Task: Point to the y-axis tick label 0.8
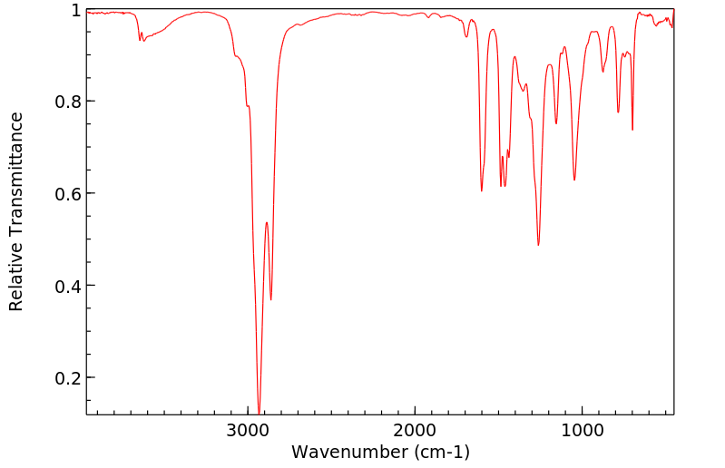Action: coord(68,102)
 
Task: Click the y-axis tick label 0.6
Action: coord(68,193)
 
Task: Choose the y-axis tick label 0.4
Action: coord(68,286)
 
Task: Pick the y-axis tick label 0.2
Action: coord(68,377)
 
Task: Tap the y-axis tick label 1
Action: coord(76,10)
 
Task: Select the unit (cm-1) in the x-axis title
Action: coord(439,452)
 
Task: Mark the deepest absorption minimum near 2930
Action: coord(260,413)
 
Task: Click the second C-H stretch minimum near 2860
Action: coord(270,300)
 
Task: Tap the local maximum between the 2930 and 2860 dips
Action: coord(267,222)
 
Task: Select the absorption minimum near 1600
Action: coord(482,190)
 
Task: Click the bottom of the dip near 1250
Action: coord(538,245)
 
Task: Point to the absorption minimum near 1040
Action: coord(574,180)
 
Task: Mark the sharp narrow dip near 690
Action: coord(632,130)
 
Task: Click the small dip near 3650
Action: coord(140,40)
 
